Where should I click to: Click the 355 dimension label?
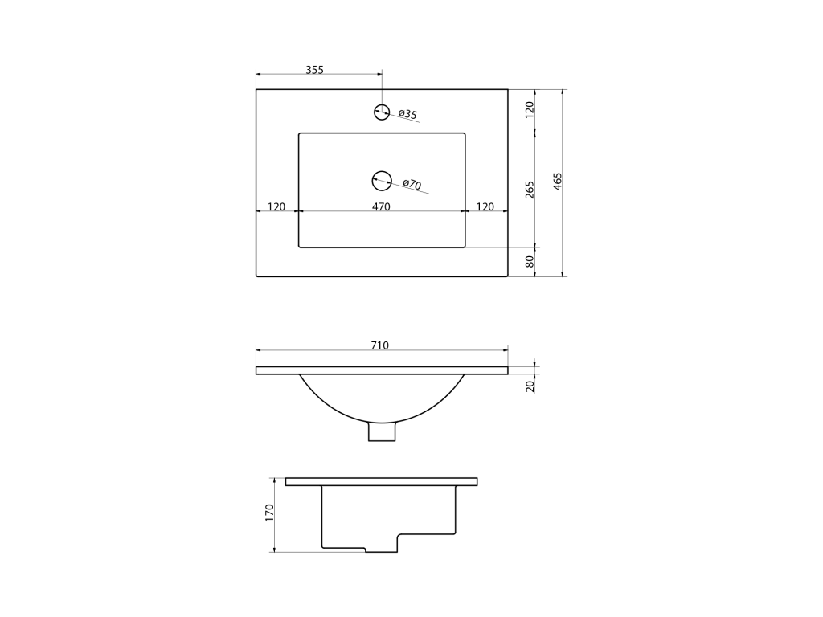tap(315, 70)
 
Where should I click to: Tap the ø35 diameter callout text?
tap(407, 114)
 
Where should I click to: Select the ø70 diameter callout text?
tap(412, 184)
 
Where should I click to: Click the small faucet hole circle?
tap(382, 112)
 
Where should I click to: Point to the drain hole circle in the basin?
tap(382, 181)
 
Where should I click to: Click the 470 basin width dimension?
tap(381, 206)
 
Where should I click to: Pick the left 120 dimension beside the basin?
tap(276, 206)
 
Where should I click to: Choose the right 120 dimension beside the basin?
tap(485, 206)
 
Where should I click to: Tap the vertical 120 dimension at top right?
tap(530, 109)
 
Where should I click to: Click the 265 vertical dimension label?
tap(530, 190)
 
